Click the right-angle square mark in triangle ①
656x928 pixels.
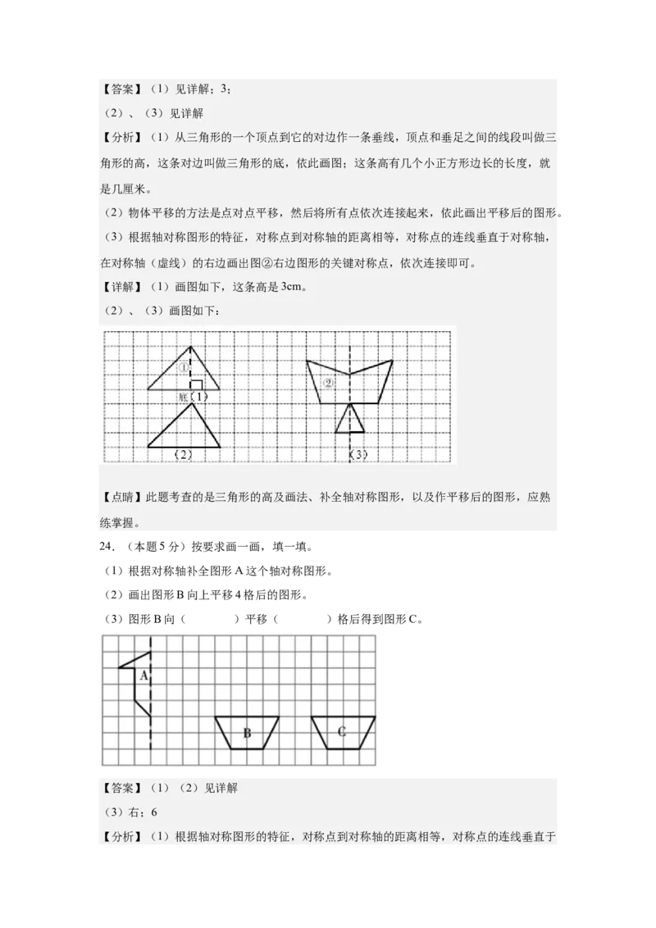[x=196, y=384]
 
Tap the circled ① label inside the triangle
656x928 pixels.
[x=184, y=367]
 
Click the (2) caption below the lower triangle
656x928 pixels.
[x=184, y=454]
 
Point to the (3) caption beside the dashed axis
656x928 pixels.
[x=358, y=454]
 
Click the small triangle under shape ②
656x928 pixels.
[x=350, y=419]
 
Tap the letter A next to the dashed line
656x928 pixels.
[x=143, y=676]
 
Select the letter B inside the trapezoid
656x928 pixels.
[x=247, y=732]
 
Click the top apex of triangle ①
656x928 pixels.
[x=191, y=346]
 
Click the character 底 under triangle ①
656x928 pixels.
[x=183, y=397]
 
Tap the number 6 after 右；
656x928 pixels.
[x=153, y=812]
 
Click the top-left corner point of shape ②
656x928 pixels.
[x=307, y=361]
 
